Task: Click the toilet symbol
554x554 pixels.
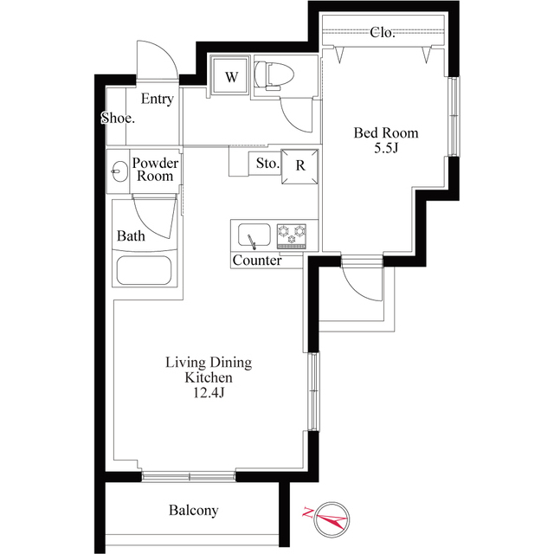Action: (x=274, y=75)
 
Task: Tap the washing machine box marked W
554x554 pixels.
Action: (x=230, y=76)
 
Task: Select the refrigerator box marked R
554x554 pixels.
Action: (x=300, y=166)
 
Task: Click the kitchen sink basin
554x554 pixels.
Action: (x=254, y=235)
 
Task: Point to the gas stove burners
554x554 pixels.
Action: (x=292, y=235)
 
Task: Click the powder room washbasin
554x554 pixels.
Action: (x=119, y=171)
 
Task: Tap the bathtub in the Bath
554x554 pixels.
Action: (x=145, y=270)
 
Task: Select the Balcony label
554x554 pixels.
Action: (x=193, y=510)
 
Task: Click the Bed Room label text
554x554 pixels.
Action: (x=386, y=132)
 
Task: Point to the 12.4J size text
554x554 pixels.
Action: (x=209, y=393)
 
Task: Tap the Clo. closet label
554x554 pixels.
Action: (x=383, y=33)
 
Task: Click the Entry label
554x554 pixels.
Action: (x=158, y=99)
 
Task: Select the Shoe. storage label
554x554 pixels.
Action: (x=118, y=118)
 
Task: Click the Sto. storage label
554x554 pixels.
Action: (x=267, y=164)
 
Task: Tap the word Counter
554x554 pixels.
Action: (x=257, y=261)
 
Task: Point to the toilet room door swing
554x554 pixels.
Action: (x=293, y=120)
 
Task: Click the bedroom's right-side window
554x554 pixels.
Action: (x=454, y=116)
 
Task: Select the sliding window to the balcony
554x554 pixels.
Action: (x=189, y=477)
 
